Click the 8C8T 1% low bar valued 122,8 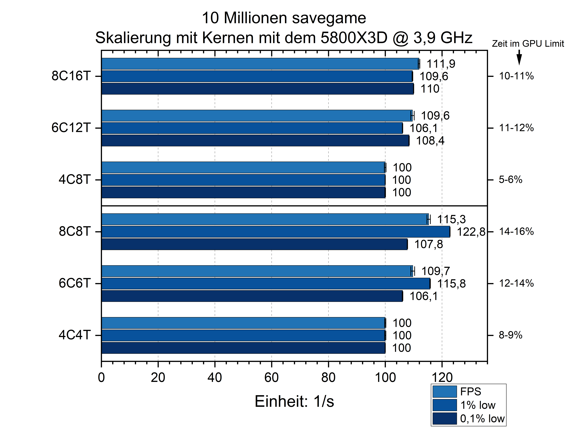[x=275, y=232]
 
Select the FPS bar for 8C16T [x=260, y=64]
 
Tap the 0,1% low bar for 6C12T [x=255, y=141]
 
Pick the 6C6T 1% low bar [x=266, y=284]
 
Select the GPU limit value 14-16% [x=516, y=232]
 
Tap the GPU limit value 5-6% [x=510, y=180]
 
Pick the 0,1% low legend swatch [x=445, y=419]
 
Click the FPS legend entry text [x=470, y=391]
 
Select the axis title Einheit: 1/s [x=294, y=401]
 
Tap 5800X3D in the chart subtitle [x=354, y=38]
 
